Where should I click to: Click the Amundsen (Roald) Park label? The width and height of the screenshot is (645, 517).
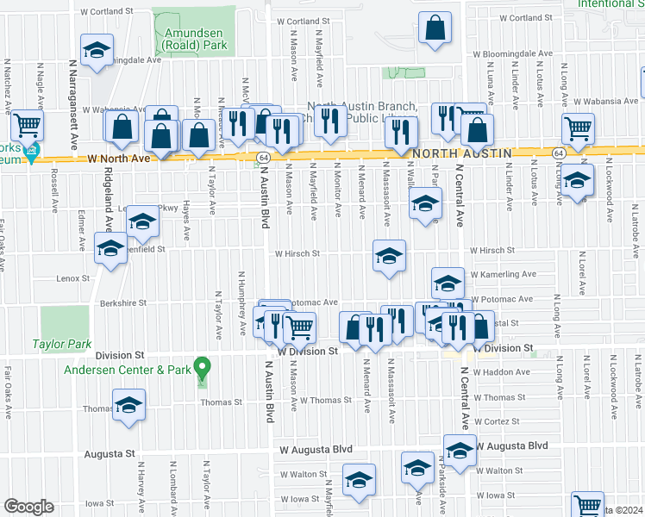[x=195, y=39]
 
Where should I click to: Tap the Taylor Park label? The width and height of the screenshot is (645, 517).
[x=62, y=344]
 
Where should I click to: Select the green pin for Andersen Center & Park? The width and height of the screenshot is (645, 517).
[x=202, y=368]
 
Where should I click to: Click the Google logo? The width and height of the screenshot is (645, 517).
[x=28, y=506]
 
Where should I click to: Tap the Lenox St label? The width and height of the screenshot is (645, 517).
[x=73, y=278]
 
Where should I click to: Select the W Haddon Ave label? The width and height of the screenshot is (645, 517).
[x=499, y=372]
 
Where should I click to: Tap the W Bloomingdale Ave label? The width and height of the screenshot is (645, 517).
[x=510, y=53]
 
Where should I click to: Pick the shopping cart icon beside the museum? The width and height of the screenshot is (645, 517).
[x=28, y=126]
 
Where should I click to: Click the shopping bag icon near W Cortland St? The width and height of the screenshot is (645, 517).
[x=435, y=26]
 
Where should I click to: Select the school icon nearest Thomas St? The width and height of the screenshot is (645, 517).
[x=128, y=403]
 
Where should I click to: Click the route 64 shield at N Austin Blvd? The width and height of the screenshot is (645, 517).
[x=260, y=157]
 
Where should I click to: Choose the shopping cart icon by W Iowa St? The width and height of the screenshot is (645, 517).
[x=587, y=505]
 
